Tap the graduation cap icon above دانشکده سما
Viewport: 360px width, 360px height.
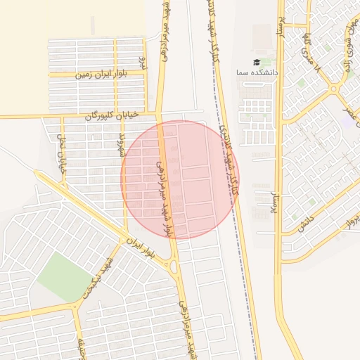coord(256,63)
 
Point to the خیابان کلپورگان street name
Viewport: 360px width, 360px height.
coord(112,115)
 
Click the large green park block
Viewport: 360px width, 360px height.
coord(65,276)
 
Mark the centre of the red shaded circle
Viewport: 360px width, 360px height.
coord(180,180)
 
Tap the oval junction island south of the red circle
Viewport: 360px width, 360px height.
coord(174,266)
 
